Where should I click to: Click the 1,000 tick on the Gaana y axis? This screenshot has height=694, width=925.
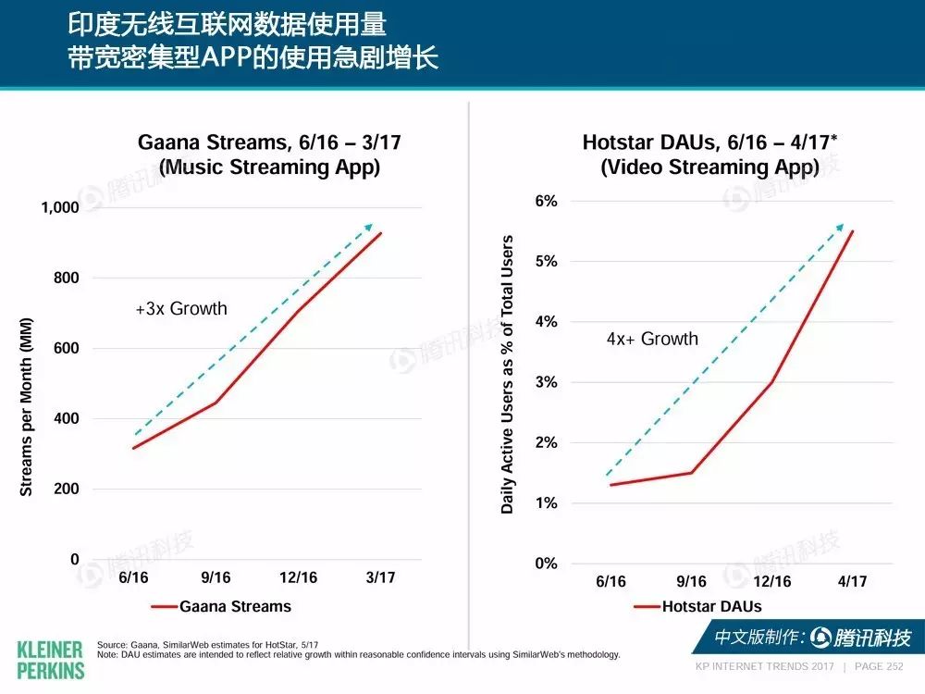pos(59,207)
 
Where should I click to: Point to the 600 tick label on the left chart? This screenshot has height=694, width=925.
pos(66,348)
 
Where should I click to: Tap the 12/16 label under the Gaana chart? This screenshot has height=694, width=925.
pos(298,577)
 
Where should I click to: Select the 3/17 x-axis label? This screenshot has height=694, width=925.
pos(380,577)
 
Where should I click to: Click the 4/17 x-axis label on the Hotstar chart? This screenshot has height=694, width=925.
pos(853,581)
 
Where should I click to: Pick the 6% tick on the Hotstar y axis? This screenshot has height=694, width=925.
pos(547,201)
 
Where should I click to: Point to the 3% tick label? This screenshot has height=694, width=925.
pos(547,382)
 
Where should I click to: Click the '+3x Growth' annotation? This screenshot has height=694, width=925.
pos(181,309)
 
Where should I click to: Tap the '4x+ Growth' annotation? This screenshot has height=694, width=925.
pos(652,339)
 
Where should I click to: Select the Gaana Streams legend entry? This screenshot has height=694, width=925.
pos(221,607)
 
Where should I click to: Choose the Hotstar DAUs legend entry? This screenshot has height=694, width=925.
pos(697,607)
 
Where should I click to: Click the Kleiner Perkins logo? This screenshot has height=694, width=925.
pos(50,661)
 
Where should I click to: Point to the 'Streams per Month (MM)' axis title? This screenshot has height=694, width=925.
pos(26,406)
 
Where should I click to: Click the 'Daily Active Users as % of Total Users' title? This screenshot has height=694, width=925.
pos(507,375)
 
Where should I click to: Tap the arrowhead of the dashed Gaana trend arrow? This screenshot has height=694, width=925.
pos(369,227)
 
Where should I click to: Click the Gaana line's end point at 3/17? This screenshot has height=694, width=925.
pos(381,233)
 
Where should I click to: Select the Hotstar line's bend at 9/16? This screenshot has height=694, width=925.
pos(691,473)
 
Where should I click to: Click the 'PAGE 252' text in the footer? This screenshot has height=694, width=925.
pos(879,667)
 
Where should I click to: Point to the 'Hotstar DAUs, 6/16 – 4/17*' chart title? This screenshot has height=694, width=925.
pos(709,143)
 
